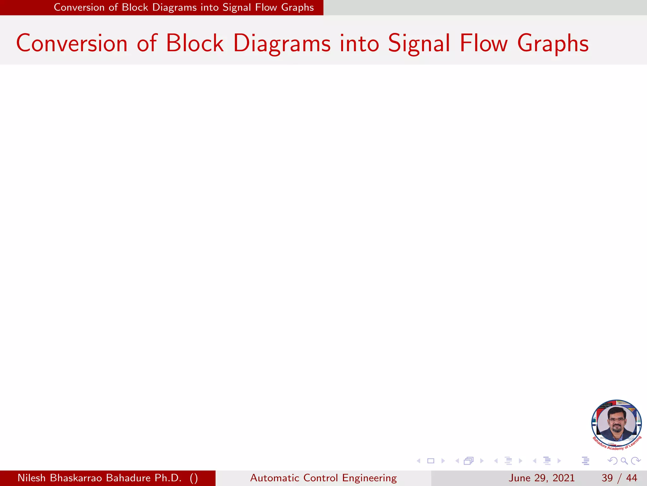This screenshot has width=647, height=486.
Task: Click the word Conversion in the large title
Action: pyautogui.click(x=72, y=43)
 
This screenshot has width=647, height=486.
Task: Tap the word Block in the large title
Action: pyautogui.click(x=195, y=43)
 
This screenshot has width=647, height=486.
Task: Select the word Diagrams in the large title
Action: pyautogui.click(x=282, y=43)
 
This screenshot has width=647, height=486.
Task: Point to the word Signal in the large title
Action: pyautogui.click(x=419, y=43)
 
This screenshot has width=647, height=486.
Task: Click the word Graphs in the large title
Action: pyautogui.click(x=553, y=43)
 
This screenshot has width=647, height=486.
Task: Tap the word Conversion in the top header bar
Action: pyautogui.click(x=79, y=7)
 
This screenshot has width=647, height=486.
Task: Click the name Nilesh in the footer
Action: pyautogui.click(x=32, y=478)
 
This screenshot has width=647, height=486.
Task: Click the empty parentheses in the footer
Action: pyautogui.click(x=194, y=478)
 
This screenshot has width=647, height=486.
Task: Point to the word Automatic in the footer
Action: pyautogui.click(x=275, y=478)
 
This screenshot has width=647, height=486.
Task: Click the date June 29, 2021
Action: pyautogui.click(x=541, y=478)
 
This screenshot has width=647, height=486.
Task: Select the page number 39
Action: pyautogui.click(x=607, y=478)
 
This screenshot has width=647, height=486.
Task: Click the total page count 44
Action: pyautogui.click(x=632, y=478)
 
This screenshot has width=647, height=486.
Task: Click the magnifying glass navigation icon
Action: pyautogui.click(x=624, y=461)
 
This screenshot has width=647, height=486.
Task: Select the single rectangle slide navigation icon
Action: pyautogui.click(x=431, y=461)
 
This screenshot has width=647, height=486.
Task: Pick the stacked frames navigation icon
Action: pyautogui.click(x=469, y=461)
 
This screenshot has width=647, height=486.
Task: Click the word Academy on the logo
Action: pyautogui.click(x=615, y=448)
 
